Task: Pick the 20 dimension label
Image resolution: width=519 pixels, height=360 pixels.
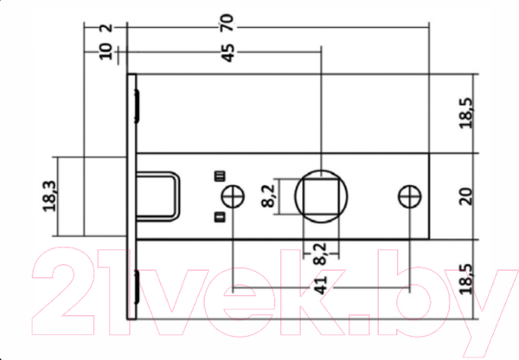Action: pyautogui.click(x=466, y=196)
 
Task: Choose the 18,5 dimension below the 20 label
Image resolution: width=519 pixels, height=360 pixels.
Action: pyautogui.click(x=466, y=280)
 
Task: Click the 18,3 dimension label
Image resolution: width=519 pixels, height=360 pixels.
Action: pyautogui.click(x=48, y=196)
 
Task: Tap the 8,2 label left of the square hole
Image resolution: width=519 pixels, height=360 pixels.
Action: pyautogui.click(x=268, y=196)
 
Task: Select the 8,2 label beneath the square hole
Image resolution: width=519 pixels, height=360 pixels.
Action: pyautogui.click(x=320, y=254)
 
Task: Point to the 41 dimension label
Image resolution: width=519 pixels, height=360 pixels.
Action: pyautogui.click(x=320, y=286)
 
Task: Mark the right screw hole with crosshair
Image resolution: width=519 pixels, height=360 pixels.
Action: pyautogui.click(x=410, y=196)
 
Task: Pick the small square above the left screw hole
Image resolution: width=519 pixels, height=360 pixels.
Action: pyautogui.click(x=220, y=177)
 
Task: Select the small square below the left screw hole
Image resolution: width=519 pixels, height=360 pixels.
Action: pyautogui.click(x=220, y=215)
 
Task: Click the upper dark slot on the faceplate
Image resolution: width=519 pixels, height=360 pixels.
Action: pyautogui.click(x=137, y=103)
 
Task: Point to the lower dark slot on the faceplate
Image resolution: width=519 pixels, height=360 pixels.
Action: pyautogui.click(x=137, y=285)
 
